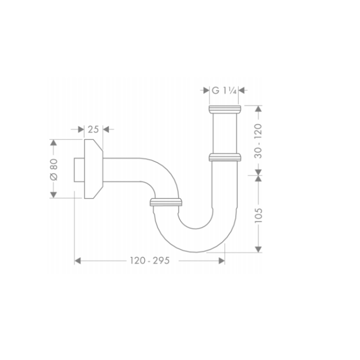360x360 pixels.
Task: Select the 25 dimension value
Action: (x=93, y=129)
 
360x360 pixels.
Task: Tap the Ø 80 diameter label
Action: (x=54, y=168)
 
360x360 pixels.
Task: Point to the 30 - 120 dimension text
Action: (x=258, y=140)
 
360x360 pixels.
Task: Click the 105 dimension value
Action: (x=258, y=215)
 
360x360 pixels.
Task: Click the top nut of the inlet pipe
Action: (x=224, y=109)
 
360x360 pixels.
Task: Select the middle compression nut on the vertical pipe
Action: (x=224, y=157)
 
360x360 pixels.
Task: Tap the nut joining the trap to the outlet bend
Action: (x=165, y=201)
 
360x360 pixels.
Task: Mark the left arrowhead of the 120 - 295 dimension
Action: (x=78, y=260)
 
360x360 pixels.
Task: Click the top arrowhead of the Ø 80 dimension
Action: (x=54, y=143)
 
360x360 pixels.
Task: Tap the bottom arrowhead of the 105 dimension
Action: (x=258, y=248)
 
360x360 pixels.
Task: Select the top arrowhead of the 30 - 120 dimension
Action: (x=258, y=109)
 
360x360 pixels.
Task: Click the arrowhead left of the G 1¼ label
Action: (x=205, y=90)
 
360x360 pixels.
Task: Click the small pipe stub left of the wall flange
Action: (x=78, y=168)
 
